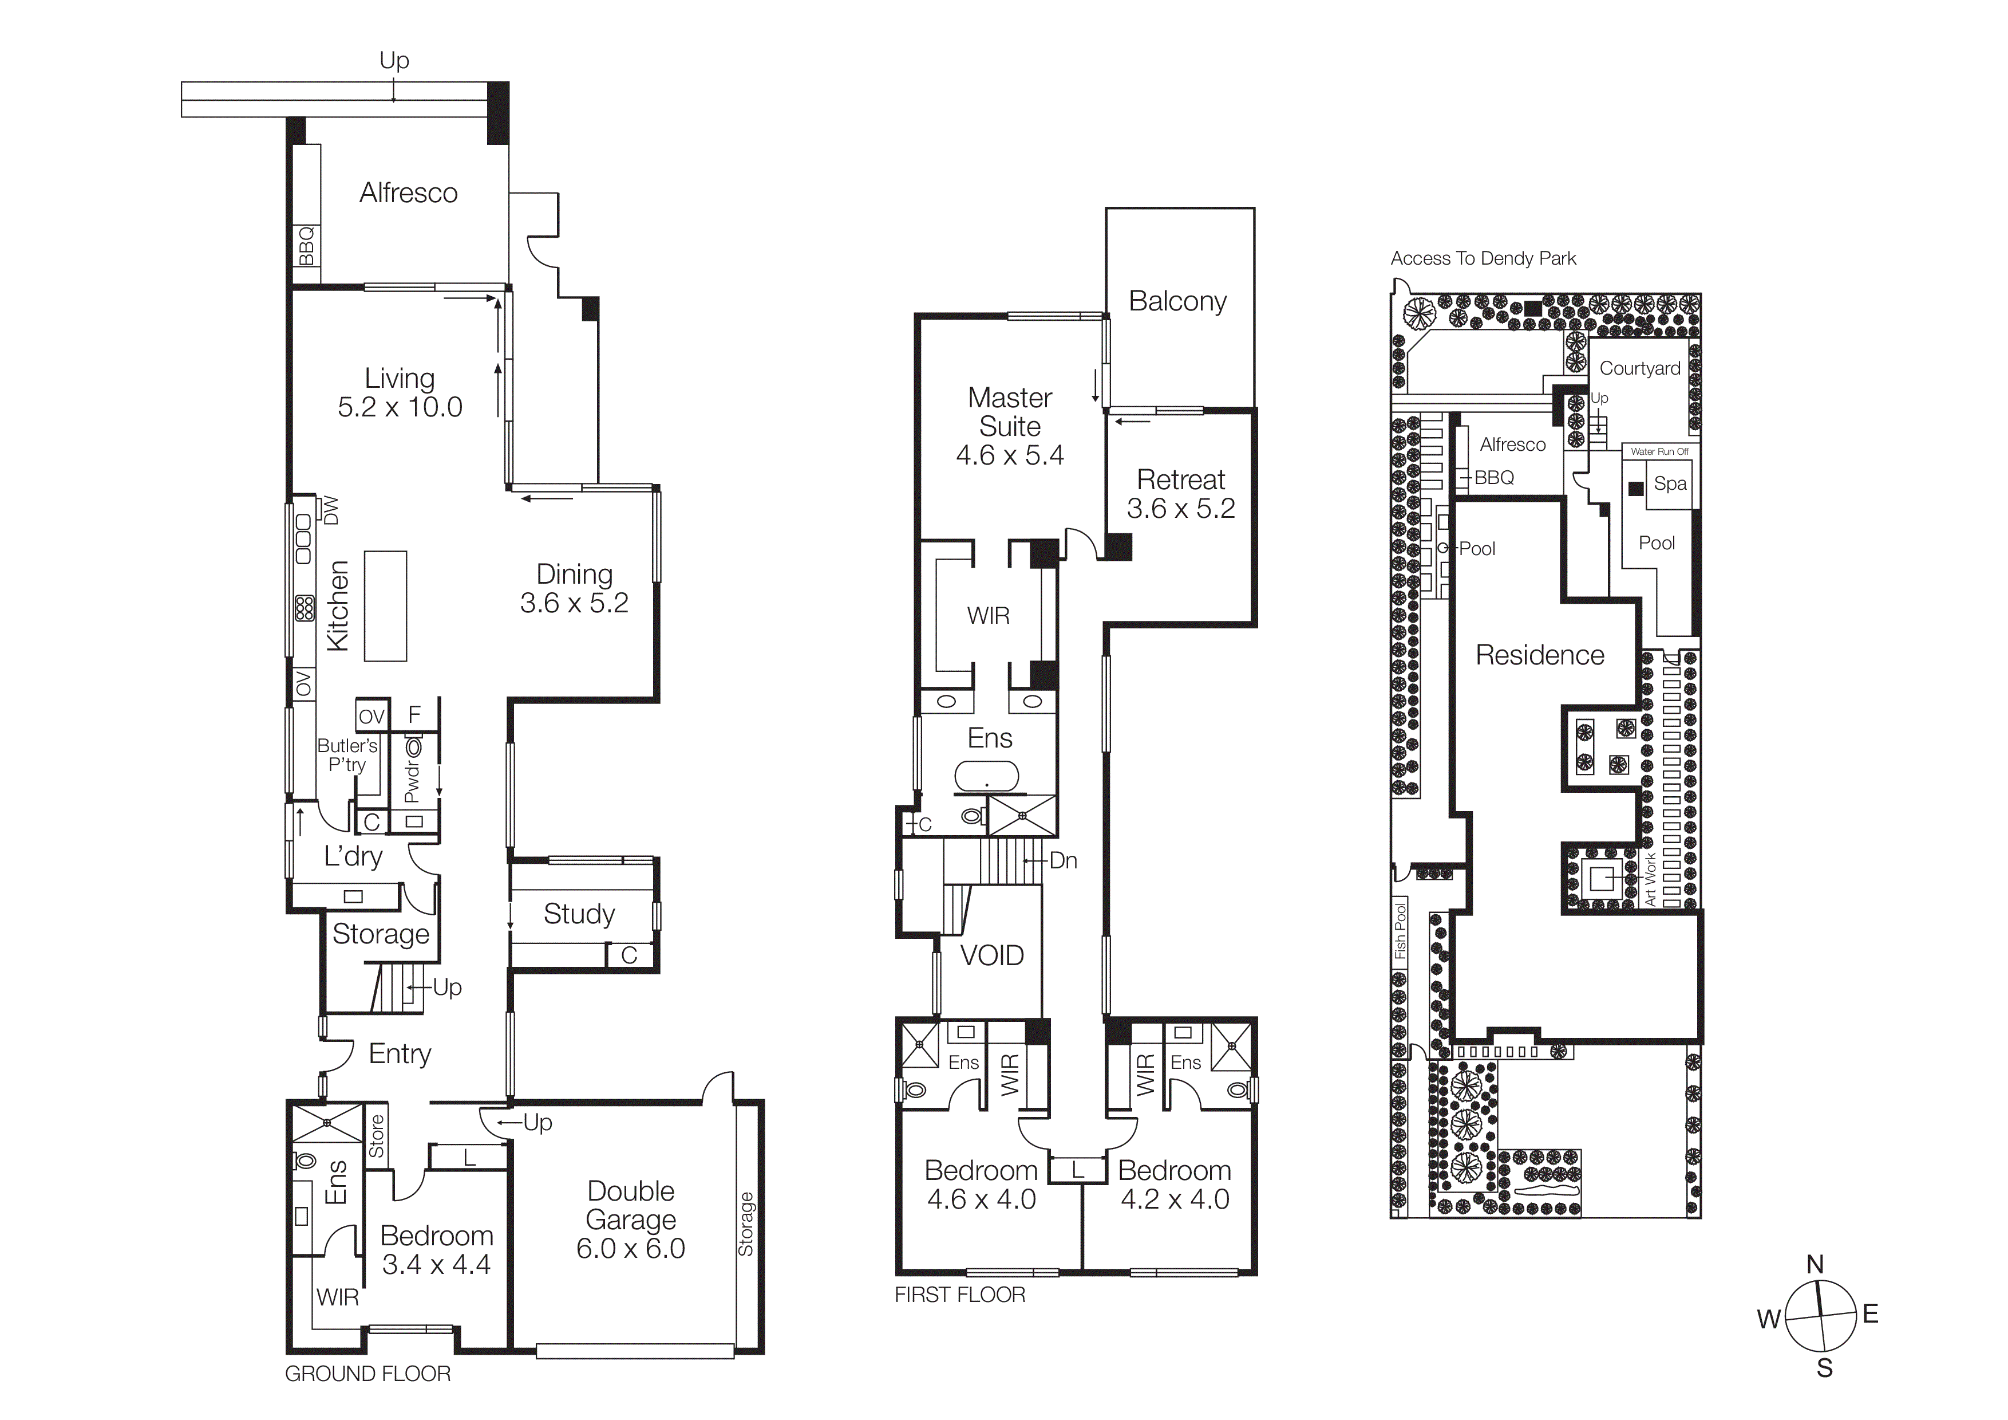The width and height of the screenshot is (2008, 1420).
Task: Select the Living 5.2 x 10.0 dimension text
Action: click(x=400, y=407)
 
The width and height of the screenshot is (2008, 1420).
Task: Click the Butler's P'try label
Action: click(x=347, y=754)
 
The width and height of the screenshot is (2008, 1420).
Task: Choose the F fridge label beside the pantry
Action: click(x=414, y=715)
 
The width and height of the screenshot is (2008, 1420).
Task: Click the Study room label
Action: click(x=579, y=914)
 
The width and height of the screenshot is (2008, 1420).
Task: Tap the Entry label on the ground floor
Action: click(x=400, y=1053)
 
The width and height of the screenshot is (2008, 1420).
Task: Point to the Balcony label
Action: click(x=1177, y=301)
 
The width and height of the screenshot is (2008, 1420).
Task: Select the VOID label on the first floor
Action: click(x=992, y=955)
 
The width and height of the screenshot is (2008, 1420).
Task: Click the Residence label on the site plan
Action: click(x=1539, y=655)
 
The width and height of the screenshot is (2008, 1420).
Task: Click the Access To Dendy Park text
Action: click(x=1483, y=258)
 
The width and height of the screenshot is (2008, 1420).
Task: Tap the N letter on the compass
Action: click(x=1815, y=1264)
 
